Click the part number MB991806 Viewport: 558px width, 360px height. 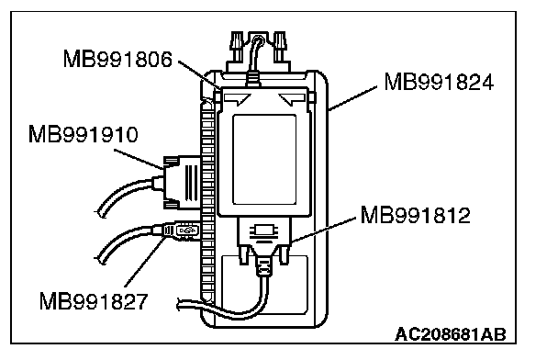coord(117,59)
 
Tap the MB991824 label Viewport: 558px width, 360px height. coord(439,83)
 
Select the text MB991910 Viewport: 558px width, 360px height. coord(83,135)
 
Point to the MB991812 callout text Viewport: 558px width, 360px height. coord(416,215)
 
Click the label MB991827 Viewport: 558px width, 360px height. coord(94,301)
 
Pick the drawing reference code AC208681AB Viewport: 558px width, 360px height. coord(451,334)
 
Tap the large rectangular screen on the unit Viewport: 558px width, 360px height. coord(264,160)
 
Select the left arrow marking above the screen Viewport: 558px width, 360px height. coord(238,98)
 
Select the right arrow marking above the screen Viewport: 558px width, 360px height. coord(292,98)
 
